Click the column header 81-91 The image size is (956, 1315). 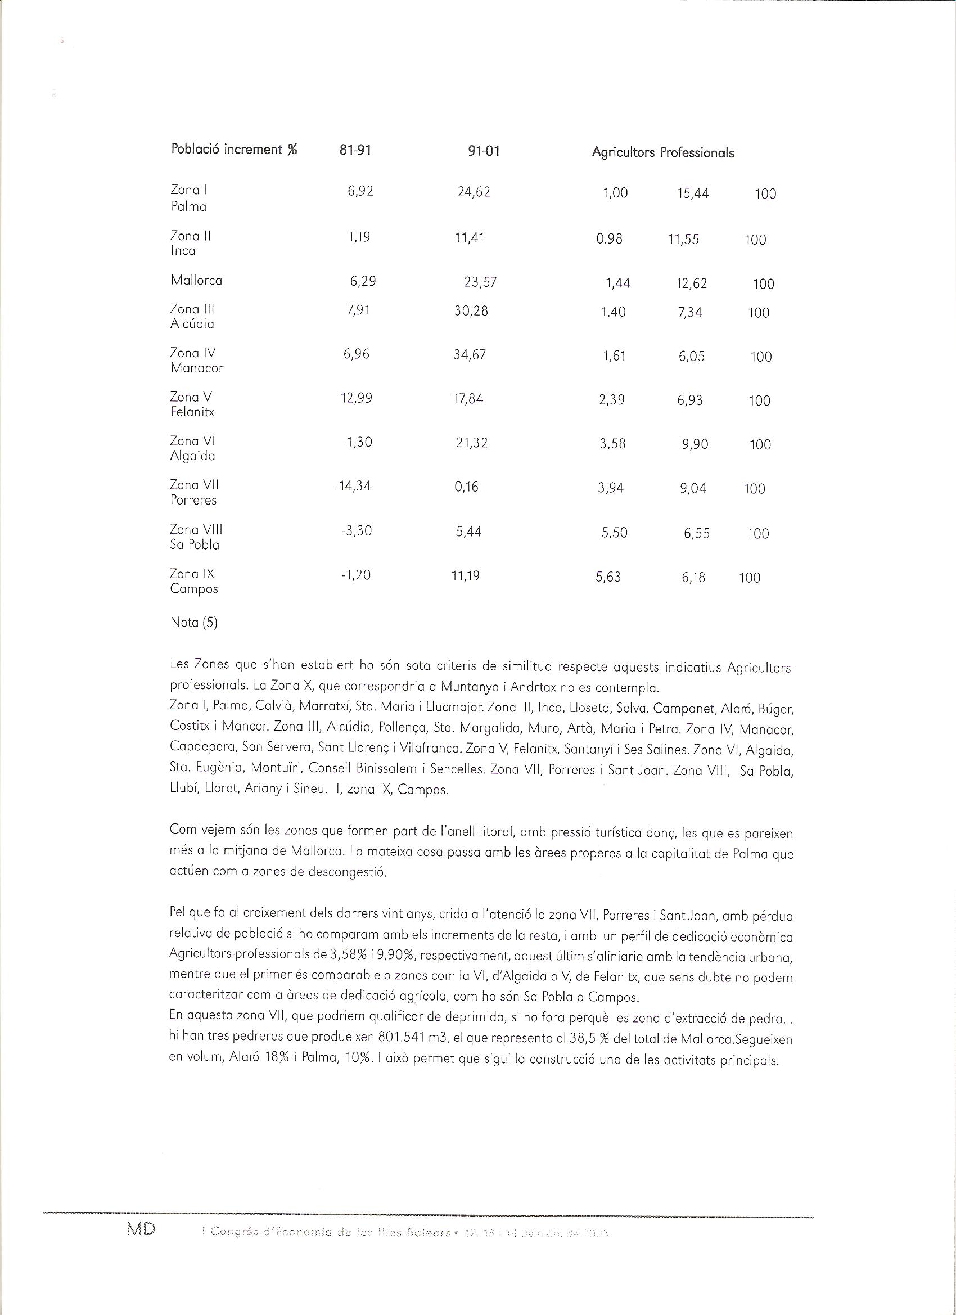tap(355, 150)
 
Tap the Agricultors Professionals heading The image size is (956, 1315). tap(662, 152)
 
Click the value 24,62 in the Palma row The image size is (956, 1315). tap(474, 192)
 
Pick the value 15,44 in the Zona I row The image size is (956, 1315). tap(693, 193)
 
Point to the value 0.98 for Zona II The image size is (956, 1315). tap(610, 239)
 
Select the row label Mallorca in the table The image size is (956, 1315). tap(196, 281)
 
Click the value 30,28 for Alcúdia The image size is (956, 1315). tap(471, 312)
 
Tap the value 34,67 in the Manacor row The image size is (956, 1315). tap(470, 355)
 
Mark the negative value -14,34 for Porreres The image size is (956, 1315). tap(353, 486)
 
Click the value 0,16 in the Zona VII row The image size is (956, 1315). tap(467, 487)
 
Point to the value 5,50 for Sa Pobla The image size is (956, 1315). tap(615, 533)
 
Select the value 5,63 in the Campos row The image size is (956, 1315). tap(608, 577)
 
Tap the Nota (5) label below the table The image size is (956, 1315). tap(193, 623)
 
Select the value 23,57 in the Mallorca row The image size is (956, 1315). tap(481, 282)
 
